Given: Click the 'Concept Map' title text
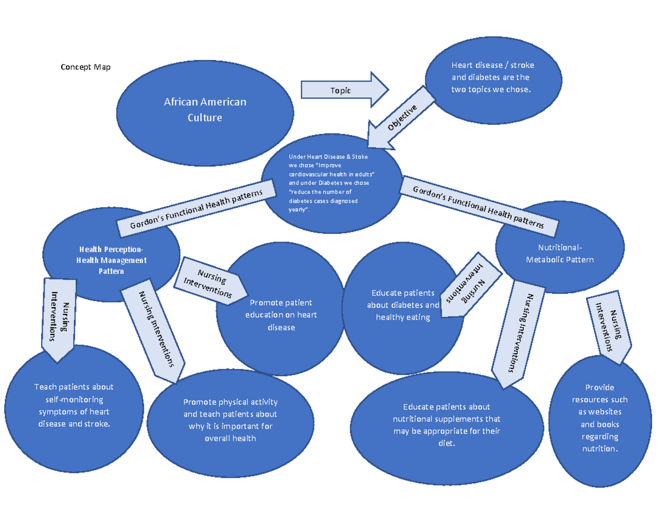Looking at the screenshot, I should coord(85,67).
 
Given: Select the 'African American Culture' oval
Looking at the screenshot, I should coord(205,109).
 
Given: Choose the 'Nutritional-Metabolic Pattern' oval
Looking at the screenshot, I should coord(563,253).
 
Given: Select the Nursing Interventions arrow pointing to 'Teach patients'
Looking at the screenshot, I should coord(58,317).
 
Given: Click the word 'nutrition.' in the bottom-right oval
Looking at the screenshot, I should coord(599,449).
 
